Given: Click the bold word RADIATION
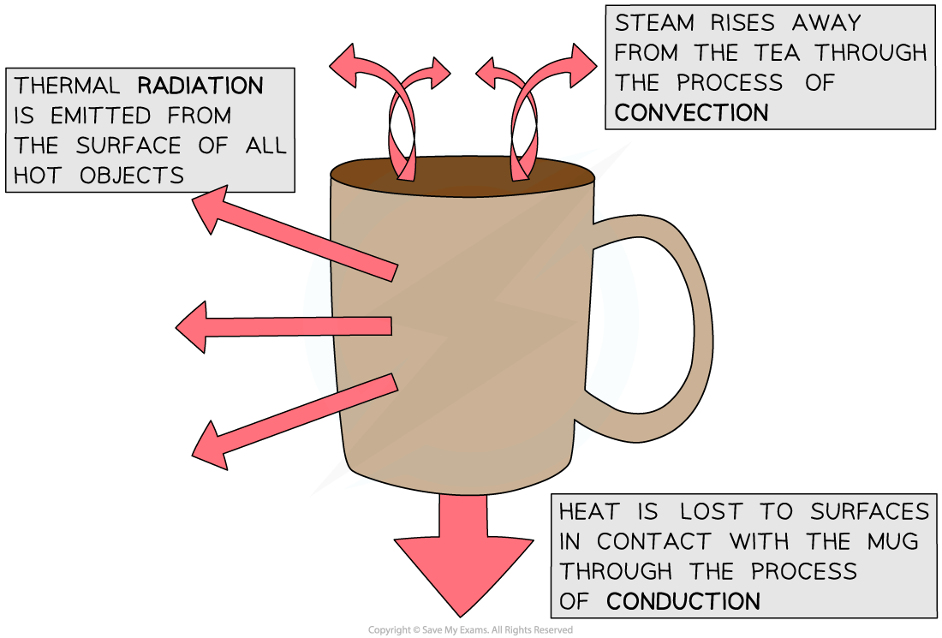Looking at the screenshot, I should click(x=200, y=86).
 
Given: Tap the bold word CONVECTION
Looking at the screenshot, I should click(x=691, y=112).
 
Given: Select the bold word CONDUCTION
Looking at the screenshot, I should click(x=683, y=600).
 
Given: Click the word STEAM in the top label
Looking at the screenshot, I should click(x=653, y=23).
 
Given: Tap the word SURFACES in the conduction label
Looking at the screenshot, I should click(x=868, y=511).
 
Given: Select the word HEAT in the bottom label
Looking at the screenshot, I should click(x=591, y=511).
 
